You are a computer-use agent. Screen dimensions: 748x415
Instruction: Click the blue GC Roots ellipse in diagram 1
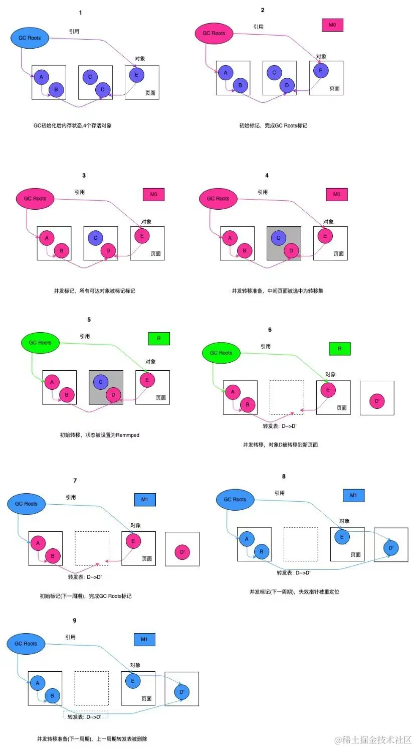point(30,38)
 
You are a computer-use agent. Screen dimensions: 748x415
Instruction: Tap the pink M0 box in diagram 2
point(332,25)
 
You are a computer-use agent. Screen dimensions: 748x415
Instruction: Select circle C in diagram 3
point(95,238)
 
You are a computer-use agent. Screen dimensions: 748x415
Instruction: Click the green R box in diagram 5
point(159,339)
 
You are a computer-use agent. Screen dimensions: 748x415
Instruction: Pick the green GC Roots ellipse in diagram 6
point(221,353)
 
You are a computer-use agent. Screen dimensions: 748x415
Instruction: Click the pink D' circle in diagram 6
point(377,401)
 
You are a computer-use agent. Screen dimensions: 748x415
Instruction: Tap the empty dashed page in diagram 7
point(92,548)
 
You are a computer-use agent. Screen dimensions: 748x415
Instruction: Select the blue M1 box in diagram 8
point(353,495)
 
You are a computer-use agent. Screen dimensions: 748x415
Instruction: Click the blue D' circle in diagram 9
point(182,692)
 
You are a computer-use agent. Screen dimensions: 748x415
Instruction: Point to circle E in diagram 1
point(136,75)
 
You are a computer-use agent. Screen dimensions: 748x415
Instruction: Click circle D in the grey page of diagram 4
point(291,250)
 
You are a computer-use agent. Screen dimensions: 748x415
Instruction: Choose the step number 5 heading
point(89,320)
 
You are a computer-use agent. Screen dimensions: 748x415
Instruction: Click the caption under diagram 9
point(92,738)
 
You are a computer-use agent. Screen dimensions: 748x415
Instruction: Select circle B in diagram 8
point(261,551)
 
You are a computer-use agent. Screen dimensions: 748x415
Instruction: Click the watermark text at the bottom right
point(373,739)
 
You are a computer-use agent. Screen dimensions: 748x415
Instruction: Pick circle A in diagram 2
point(226,72)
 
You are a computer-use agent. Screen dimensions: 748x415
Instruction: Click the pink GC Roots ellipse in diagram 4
point(218,198)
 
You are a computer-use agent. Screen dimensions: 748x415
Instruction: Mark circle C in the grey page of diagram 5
point(101,382)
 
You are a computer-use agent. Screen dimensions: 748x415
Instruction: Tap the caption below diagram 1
point(73,125)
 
